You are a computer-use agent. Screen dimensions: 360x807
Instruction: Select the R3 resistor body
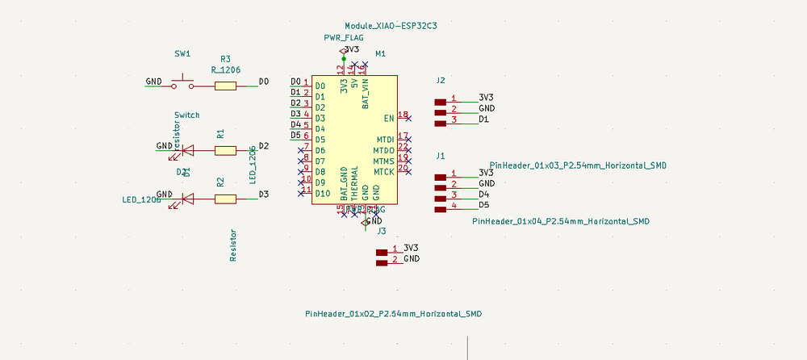(x=225, y=85)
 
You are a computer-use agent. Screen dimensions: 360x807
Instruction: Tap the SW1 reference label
(x=182, y=53)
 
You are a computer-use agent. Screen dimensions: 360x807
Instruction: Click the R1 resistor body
(x=225, y=149)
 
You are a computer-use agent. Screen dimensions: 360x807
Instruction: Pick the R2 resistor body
(x=225, y=198)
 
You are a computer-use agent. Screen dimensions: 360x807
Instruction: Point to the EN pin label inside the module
(x=389, y=118)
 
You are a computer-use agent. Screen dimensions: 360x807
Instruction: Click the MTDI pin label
(x=385, y=140)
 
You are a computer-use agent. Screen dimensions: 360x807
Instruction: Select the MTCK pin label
(x=384, y=172)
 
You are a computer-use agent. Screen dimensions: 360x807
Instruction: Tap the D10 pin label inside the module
(x=323, y=194)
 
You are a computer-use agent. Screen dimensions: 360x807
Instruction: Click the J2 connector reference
(x=440, y=81)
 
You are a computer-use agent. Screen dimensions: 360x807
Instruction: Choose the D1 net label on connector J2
(x=484, y=119)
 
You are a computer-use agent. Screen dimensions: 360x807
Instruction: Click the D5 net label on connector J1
(x=484, y=205)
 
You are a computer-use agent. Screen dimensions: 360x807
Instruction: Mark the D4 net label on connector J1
(x=484, y=195)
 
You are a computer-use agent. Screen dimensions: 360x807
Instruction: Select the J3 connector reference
(x=382, y=232)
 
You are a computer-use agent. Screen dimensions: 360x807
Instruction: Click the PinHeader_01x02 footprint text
(x=394, y=313)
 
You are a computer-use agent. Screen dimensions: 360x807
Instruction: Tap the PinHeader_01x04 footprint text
(x=561, y=220)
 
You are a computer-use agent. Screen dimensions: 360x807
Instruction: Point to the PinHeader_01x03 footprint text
(x=578, y=165)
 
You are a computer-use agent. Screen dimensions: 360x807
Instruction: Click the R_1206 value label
(x=225, y=70)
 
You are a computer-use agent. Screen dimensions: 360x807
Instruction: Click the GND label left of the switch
(x=153, y=82)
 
